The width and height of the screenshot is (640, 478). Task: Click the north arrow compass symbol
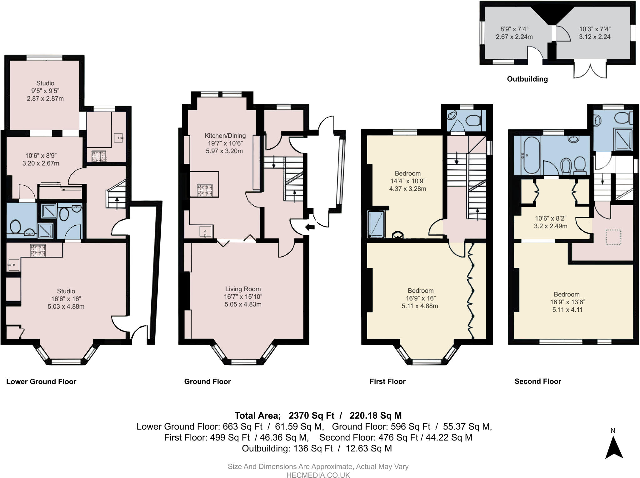pyautogui.click(x=614, y=447)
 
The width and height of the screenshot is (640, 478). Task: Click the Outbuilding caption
pyautogui.click(x=527, y=79)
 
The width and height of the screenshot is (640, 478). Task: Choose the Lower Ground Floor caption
pyautogui.click(x=41, y=381)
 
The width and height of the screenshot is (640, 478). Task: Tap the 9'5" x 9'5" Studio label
pyautogui.click(x=45, y=91)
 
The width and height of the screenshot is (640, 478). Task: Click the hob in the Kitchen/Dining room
pyautogui.click(x=205, y=190)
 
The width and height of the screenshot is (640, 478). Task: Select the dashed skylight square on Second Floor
pyautogui.click(x=613, y=237)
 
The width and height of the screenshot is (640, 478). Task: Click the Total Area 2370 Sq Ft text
pyautogui.click(x=318, y=416)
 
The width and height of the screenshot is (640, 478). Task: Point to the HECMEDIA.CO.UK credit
pyautogui.click(x=318, y=475)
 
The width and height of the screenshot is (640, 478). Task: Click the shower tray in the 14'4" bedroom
pyautogui.click(x=376, y=224)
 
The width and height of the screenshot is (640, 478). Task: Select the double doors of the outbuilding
pyautogui.click(x=590, y=70)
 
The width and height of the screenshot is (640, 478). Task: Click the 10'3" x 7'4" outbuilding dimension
pyautogui.click(x=595, y=33)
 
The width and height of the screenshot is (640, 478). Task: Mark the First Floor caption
pyautogui.click(x=387, y=381)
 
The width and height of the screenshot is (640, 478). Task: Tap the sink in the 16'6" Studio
pyautogui.click(x=13, y=265)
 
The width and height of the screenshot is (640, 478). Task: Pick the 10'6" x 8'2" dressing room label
pyautogui.click(x=550, y=222)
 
